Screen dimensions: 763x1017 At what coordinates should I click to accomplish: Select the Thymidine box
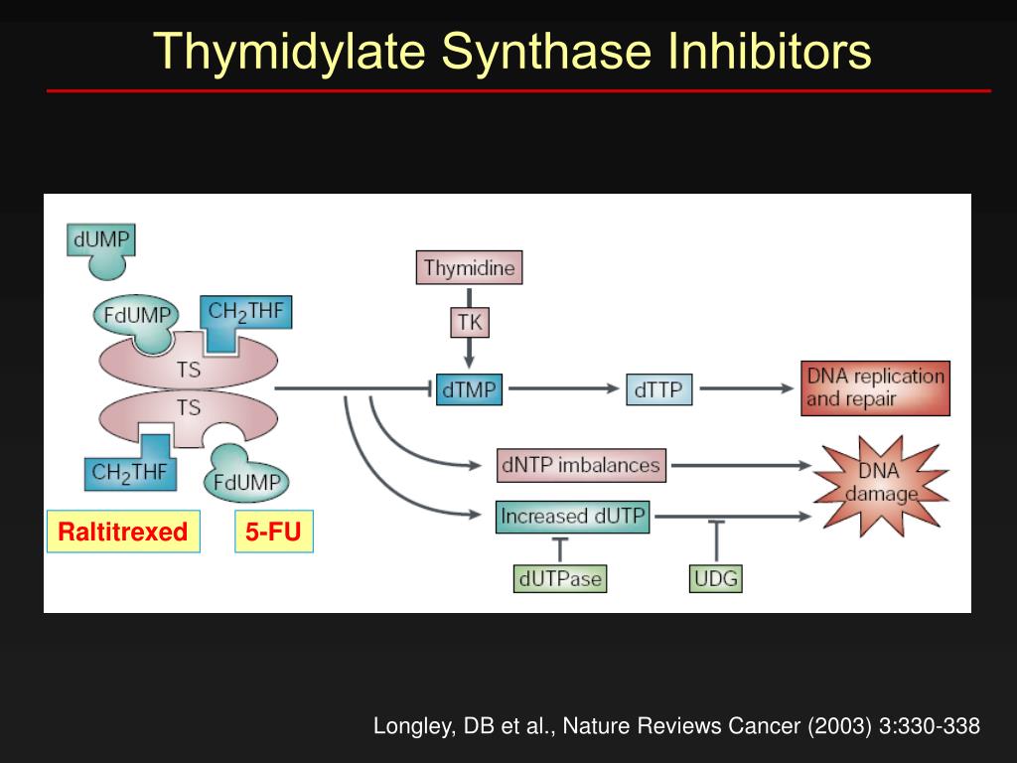pyautogui.click(x=469, y=267)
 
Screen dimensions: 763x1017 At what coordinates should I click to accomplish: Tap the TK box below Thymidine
pyautogui.click(x=469, y=321)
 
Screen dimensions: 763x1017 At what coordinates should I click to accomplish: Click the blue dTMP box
pyautogui.click(x=469, y=389)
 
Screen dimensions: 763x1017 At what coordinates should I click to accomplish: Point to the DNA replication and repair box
pyautogui.click(x=875, y=387)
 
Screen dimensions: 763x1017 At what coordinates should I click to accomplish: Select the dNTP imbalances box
pyautogui.click(x=581, y=465)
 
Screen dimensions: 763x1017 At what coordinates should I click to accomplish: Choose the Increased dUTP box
pyautogui.click(x=572, y=517)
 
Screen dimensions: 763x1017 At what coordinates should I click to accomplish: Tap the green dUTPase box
pyautogui.click(x=559, y=578)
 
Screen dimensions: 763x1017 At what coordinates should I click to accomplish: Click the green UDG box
pyautogui.click(x=715, y=578)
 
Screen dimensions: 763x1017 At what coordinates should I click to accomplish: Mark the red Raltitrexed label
pyautogui.click(x=123, y=532)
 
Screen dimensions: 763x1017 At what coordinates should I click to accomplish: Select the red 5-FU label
pyautogui.click(x=273, y=532)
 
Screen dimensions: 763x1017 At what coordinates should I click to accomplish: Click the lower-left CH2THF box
pyautogui.click(x=129, y=472)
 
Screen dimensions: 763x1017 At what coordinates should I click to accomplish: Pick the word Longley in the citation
pyautogui.click(x=409, y=726)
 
